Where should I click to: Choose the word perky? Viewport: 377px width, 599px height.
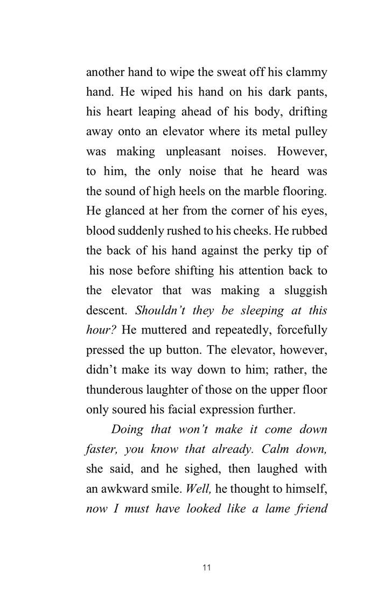click(x=273, y=251)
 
